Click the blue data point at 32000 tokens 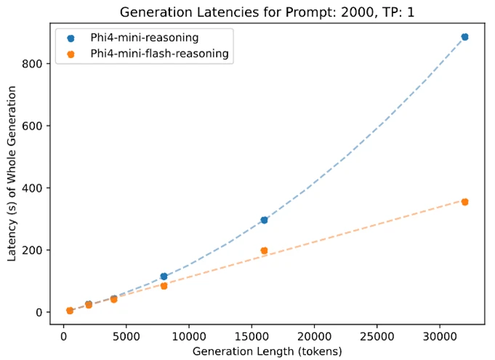tap(464, 36)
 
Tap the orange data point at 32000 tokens tap(464, 201)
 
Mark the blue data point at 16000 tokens tap(264, 220)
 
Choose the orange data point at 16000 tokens tap(264, 250)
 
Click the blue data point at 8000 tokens tap(164, 276)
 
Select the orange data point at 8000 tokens tap(164, 286)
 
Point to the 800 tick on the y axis tap(41, 64)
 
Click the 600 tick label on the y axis tap(41, 126)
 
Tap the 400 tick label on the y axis tap(41, 188)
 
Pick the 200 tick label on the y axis tap(41, 250)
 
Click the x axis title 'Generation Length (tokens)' tap(267, 351)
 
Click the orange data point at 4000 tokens tap(113, 299)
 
